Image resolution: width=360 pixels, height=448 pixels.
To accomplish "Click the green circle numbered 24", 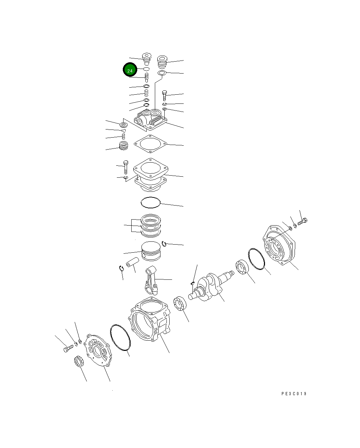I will (x=130, y=70).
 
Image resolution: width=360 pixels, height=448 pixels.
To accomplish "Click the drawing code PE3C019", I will (x=294, y=394).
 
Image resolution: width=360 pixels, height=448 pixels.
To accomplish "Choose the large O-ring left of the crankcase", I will (x=120, y=338).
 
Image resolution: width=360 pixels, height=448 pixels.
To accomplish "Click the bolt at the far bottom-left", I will (x=68, y=349).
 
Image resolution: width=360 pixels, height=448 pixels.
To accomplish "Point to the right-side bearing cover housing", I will (x=280, y=245).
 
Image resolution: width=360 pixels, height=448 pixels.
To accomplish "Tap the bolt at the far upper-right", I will (x=303, y=222).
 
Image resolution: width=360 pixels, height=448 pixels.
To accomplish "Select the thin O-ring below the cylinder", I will (x=150, y=202).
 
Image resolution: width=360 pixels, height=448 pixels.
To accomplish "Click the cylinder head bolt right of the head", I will (x=164, y=95).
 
